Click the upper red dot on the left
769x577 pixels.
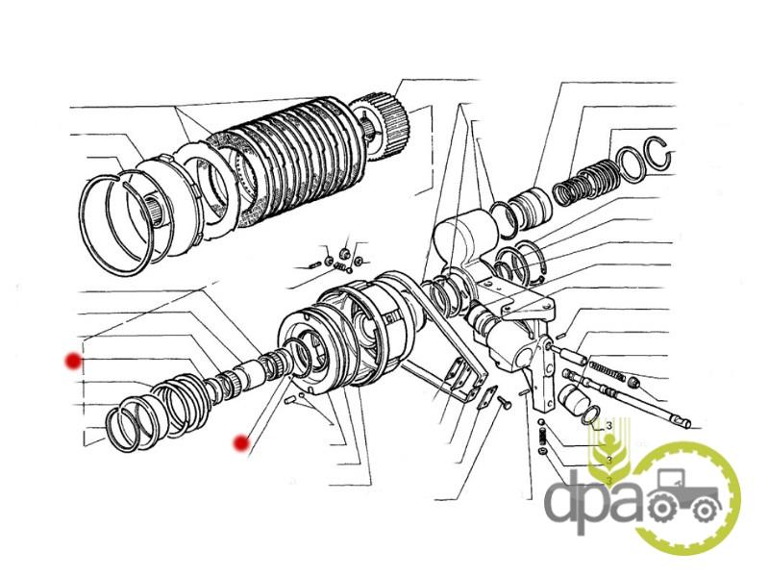click(x=74, y=362)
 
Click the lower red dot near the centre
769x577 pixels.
click(x=241, y=443)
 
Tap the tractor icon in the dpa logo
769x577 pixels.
click(x=685, y=496)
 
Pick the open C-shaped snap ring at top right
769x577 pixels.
click(x=657, y=153)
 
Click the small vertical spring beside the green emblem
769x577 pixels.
click(x=543, y=435)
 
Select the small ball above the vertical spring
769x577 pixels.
click(x=541, y=422)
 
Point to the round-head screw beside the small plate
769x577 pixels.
click(x=505, y=403)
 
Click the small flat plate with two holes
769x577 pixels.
click(x=484, y=398)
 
